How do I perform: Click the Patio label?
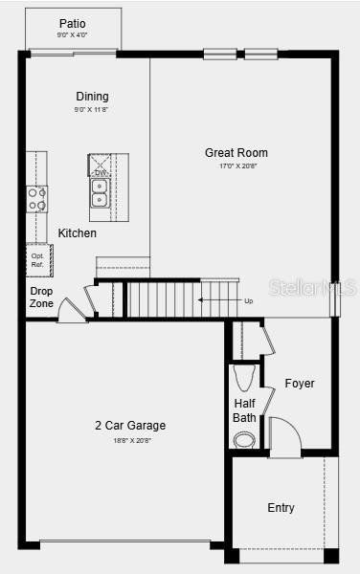(x=73, y=23)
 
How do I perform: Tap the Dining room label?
(x=92, y=96)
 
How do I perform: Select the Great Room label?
(x=236, y=153)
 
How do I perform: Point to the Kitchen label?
(x=78, y=233)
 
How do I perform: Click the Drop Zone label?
(x=41, y=297)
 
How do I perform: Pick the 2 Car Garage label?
(x=130, y=426)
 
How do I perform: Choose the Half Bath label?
(x=244, y=410)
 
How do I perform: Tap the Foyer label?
(x=300, y=384)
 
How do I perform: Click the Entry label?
(x=281, y=508)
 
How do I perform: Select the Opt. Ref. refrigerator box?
(x=38, y=259)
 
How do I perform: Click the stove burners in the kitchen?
(x=37, y=199)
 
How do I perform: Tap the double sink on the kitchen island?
(x=100, y=193)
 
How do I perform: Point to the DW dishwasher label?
(x=100, y=173)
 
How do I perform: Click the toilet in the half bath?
(x=245, y=374)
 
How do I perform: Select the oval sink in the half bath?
(x=245, y=440)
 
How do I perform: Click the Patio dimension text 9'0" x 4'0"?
(x=73, y=35)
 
